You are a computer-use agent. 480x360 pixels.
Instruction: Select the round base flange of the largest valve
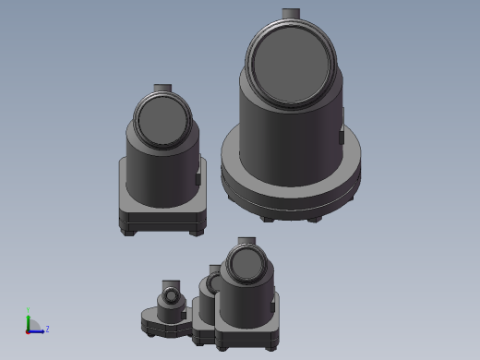tap(290, 184)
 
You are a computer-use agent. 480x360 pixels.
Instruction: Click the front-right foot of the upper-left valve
tap(196, 232)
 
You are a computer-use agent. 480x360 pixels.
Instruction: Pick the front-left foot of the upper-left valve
tap(128, 231)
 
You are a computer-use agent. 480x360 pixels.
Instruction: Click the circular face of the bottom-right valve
tap(246, 266)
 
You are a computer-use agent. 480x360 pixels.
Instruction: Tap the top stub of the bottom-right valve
tap(246, 242)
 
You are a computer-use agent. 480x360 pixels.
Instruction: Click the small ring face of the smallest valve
tap(171, 299)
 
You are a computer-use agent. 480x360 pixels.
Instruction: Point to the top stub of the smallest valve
tap(171, 283)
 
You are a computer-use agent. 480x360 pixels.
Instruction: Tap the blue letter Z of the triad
tap(47, 329)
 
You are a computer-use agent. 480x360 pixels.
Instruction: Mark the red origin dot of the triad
tap(29, 330)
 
